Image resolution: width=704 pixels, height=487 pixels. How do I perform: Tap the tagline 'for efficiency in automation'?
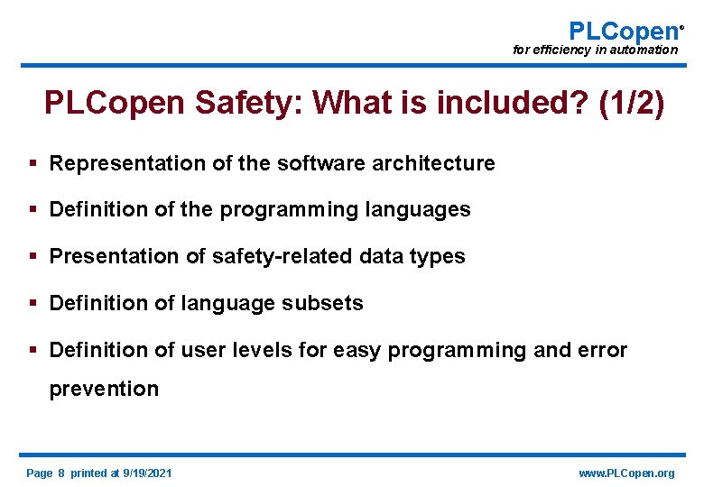(595, 51)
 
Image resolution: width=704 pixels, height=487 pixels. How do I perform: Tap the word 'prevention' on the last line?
(104, 390)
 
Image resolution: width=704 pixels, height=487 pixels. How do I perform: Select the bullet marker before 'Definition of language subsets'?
(32, 304)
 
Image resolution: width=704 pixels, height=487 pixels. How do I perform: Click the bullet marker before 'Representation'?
(32, 163)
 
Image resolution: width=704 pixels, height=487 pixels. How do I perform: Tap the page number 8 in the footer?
(62, 473)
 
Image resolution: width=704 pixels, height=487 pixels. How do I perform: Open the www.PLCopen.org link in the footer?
(626, 473)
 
